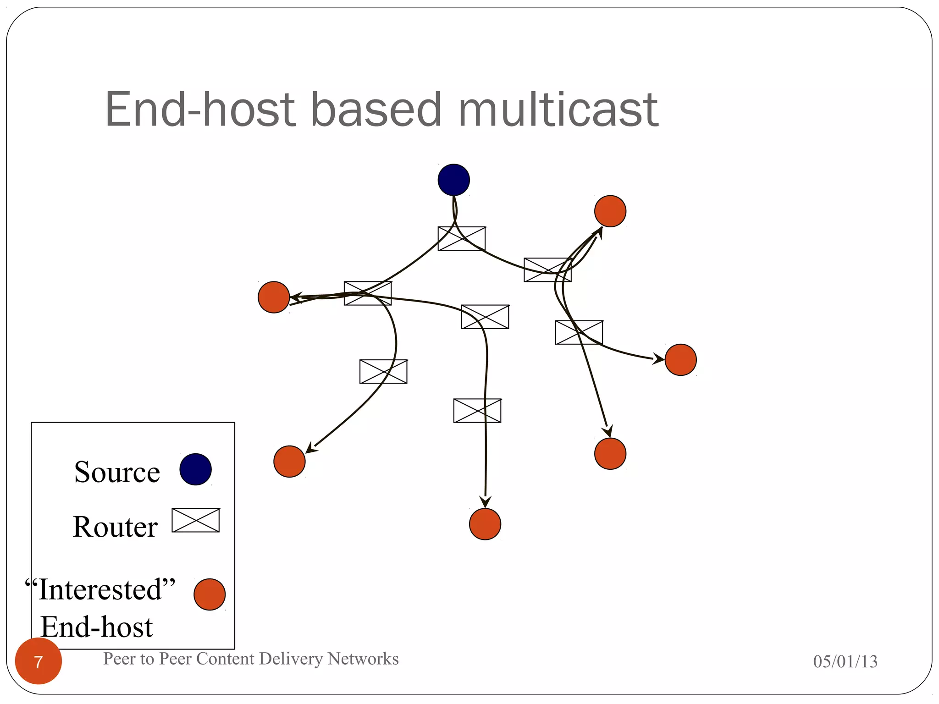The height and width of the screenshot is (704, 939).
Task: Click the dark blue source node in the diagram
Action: coord(453,180)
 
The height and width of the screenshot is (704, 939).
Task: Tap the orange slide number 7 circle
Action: coord(39,661)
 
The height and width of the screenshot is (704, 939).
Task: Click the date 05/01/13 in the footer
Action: coord(845,661)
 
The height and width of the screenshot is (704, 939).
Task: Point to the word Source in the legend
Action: coord(117,472)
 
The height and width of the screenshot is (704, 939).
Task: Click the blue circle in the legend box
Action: coord(195,469)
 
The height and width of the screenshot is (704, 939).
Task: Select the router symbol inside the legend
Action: coord(196,520)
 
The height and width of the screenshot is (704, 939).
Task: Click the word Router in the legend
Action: coord(115,527)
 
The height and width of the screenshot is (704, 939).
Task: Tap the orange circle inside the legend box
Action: coord(210,594)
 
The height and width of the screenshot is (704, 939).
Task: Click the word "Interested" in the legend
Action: coord(100,589)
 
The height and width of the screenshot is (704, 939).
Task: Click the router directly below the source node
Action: coord(462,238)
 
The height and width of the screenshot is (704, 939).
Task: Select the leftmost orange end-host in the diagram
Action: coord(274,297)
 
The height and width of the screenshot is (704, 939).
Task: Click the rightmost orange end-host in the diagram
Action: coord(680,360)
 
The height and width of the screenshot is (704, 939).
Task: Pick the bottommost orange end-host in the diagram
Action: coord(485,524)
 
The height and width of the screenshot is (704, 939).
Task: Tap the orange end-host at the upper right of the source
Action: coord(610,211)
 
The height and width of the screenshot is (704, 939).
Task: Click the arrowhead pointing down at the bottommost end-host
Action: coord(486,502)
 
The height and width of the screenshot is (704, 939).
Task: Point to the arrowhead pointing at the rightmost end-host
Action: coord(658,359)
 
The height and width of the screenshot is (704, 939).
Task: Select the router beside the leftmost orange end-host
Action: coord(368,293)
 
